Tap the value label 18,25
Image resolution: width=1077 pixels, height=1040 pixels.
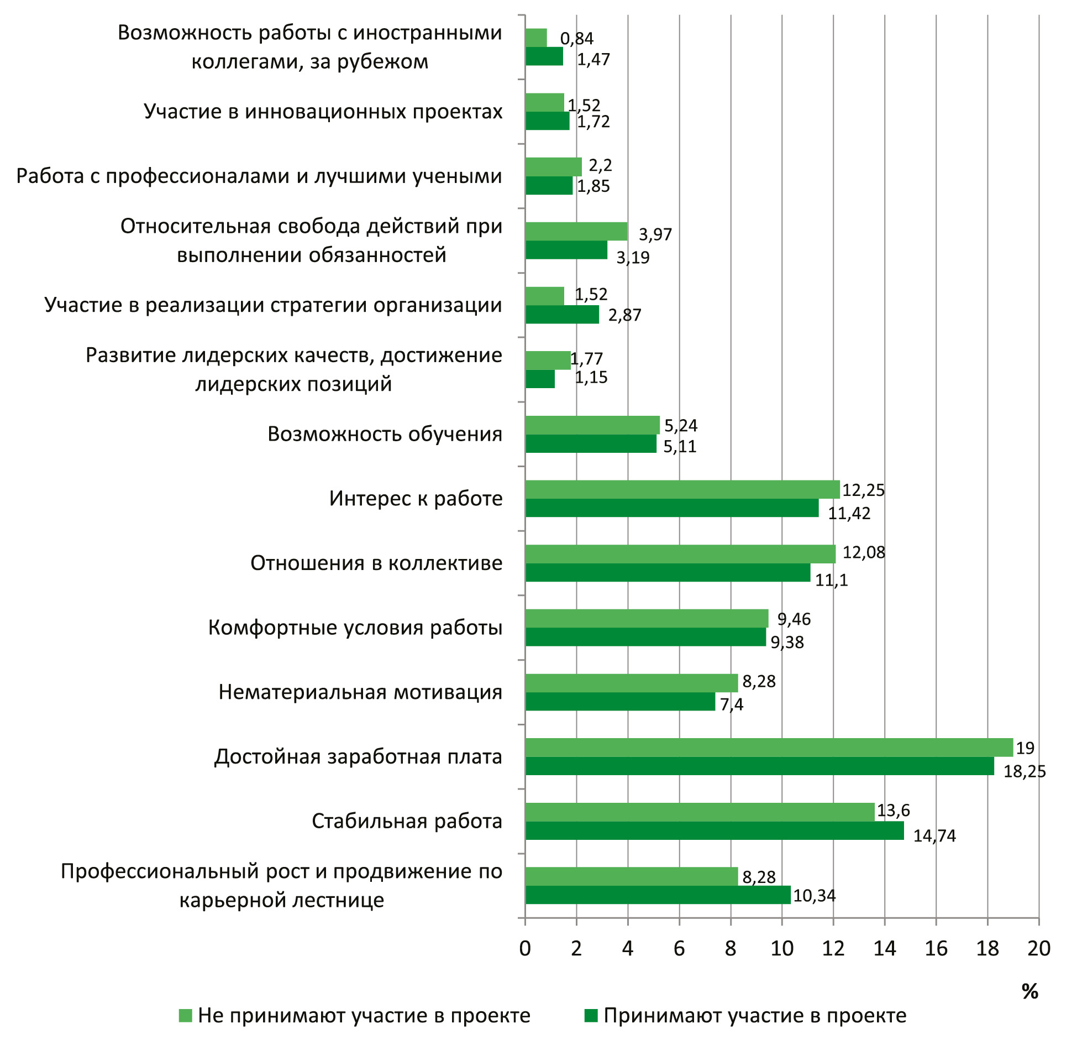tap(1024, 771)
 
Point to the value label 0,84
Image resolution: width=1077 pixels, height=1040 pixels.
tap(576, 39)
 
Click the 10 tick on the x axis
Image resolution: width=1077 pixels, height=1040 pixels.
tap(782, 948)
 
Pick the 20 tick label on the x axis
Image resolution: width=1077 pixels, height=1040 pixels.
tap(1038, 948)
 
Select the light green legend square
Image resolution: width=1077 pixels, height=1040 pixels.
tap(185, 1016)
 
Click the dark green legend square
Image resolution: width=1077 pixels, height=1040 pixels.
tap(591, 1016)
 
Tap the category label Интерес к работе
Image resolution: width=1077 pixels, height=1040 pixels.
tap(416, 499)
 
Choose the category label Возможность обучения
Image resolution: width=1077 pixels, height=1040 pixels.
tap(385, 434)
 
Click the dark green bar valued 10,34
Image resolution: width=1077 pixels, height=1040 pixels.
tap(658, 895)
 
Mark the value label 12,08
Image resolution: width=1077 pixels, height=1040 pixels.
tap(863, 552)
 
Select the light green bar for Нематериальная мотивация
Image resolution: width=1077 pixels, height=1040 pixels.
tap(631, 683)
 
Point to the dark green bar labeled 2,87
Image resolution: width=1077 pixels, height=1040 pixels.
tap(562, 315)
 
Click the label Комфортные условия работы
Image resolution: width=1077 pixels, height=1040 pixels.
tap(355, 628)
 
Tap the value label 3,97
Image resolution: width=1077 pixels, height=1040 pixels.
tap(655, 234)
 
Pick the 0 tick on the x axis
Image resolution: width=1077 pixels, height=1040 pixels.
tap(525, 948)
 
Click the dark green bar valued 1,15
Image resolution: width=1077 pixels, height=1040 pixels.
tap(540, 379)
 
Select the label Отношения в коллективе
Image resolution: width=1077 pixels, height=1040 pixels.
tap(376, 563)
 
